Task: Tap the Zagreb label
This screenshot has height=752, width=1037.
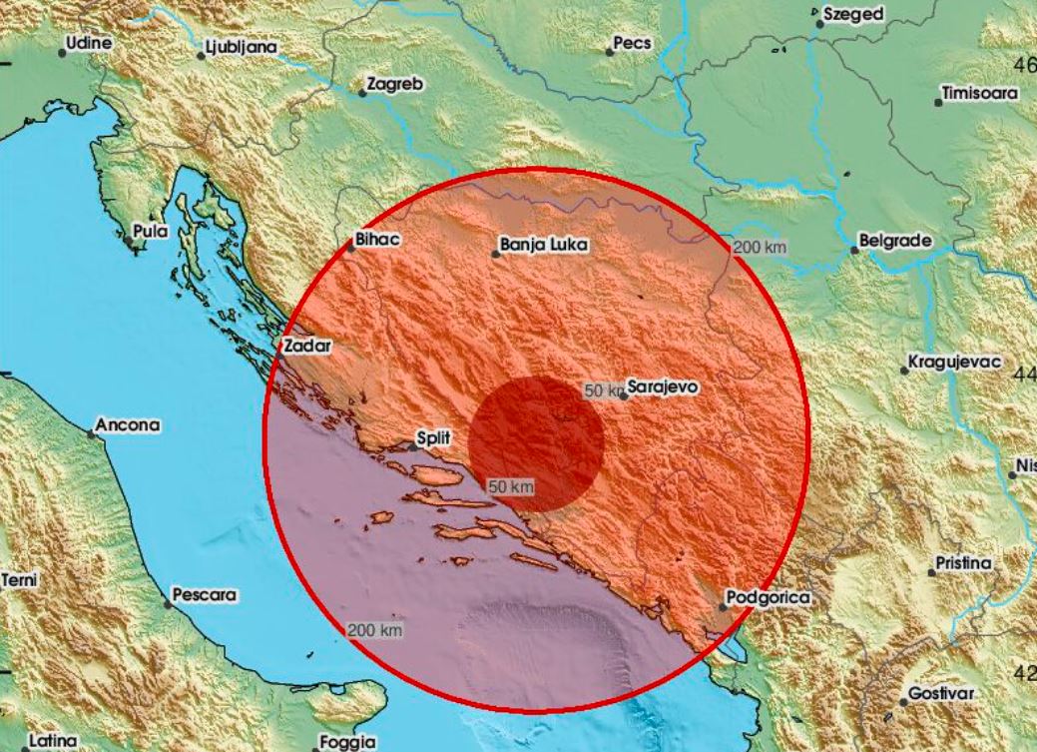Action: pos(395,85)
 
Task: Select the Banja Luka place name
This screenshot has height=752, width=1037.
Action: pos(544,244)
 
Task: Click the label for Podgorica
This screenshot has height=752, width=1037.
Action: pos(770,597)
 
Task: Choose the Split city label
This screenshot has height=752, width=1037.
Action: pos(435,437)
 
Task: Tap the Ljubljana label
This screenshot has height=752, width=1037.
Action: pos(242,47)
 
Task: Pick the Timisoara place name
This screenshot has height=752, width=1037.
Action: pos(981,94)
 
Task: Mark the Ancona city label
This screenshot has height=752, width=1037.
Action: pos(128,425)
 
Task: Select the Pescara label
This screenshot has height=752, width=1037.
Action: pos(205,595)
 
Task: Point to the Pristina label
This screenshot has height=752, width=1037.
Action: pos(964,563)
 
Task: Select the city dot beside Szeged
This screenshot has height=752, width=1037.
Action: pos(818,23)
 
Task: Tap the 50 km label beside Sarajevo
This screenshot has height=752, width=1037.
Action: pos(603,391)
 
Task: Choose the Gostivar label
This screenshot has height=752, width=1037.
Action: pos(941,693)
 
